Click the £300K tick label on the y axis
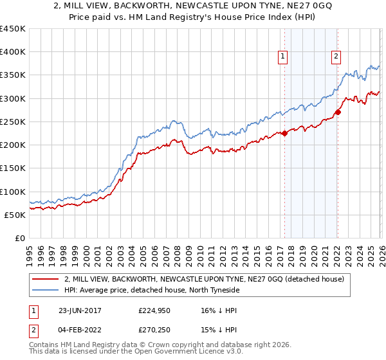(x=13, y=98)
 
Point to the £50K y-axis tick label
(x=15, y=215)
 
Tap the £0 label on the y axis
(x=20, y=238)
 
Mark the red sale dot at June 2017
(x=284, y=134)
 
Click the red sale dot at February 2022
(x=337, y=113)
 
